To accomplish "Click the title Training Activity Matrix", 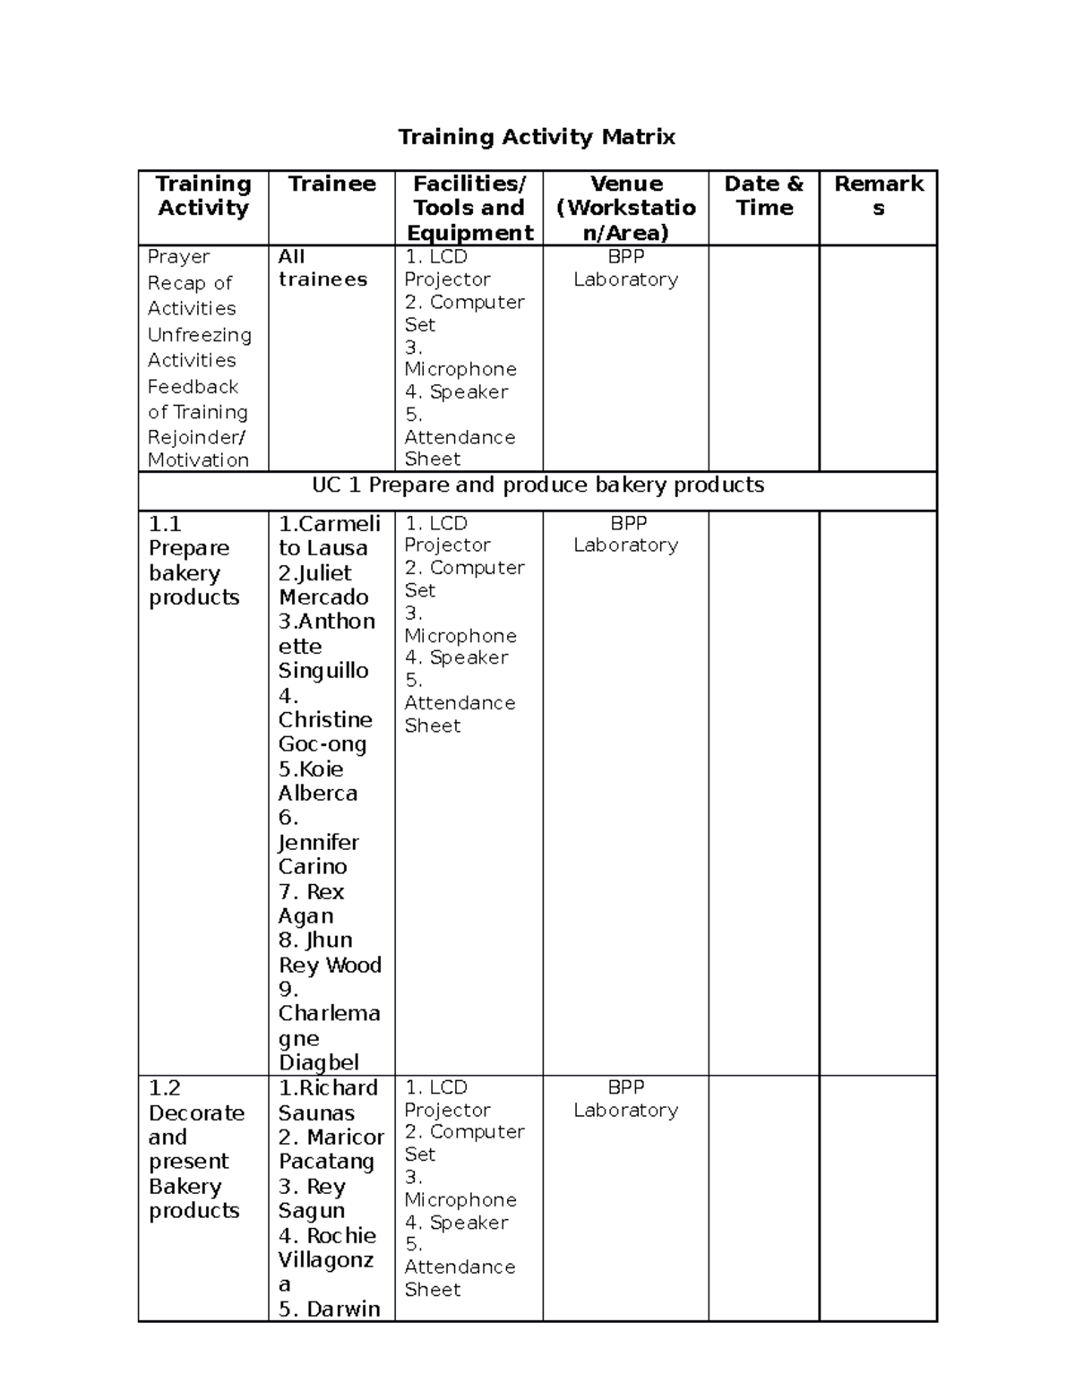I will pyautogui.click(x=537, y=137).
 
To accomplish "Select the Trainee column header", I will pyautogui.click(x=331, y=185).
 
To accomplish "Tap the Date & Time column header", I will pyautogui.click(x=763, y=196).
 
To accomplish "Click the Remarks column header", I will pyautogui.click(x=878, y=196).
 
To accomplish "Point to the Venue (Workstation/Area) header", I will pyautogui.click(x=625, y=209).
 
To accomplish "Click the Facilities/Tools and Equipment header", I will pyautogui.click(x=469, y=209).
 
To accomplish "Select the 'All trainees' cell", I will pyautogui.click(x=322, y=268).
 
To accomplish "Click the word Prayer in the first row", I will pyautogui.click(x=178, y=257).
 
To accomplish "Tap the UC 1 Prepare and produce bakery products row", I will pyautogui.click(x=537, y=485).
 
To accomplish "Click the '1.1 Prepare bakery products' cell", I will pyautogui.click(x=193, y=561).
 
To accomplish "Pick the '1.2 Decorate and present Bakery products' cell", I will pyautogui.click(x=195, y=1149).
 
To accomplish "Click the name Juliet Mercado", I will pyautogui.click(x=323, y=585).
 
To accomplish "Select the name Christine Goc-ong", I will pyautogui.click(x=324, y=732).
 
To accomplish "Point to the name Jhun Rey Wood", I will pyautogui.click(x=330, y=953).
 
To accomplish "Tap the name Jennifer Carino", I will pyautogui.click(x=318, y=854).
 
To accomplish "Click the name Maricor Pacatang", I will pyautogui.click(x=330, y=1149).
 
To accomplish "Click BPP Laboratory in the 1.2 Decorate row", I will pyautogui.click(x=625, y=1098).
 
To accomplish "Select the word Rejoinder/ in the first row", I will pyautogui.click(x=196, y=437).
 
